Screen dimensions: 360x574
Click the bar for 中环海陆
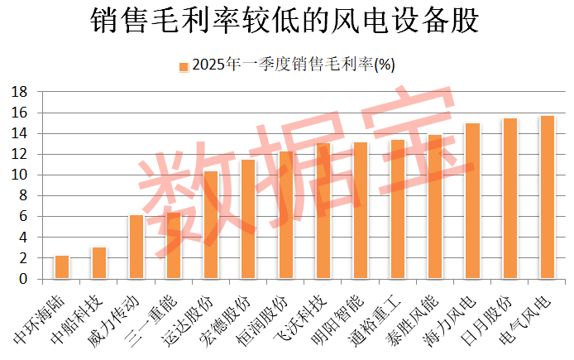[x=62, y=267]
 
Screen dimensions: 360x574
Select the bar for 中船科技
[x=99, y=263]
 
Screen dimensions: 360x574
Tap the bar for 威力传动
[x=136, y=247]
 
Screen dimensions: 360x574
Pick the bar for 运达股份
[x=211, y=225]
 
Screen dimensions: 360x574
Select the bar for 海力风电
[x=472, y=201]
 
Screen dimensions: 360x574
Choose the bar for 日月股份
[x=510, y=199]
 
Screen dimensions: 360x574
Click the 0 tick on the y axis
[x=25, y=279]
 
